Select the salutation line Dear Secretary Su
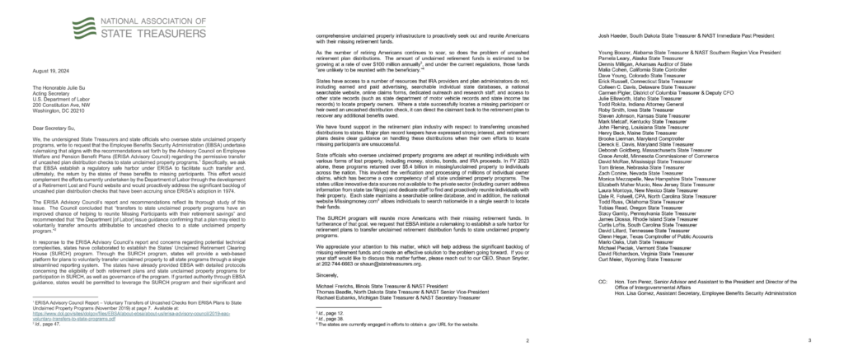49,129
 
